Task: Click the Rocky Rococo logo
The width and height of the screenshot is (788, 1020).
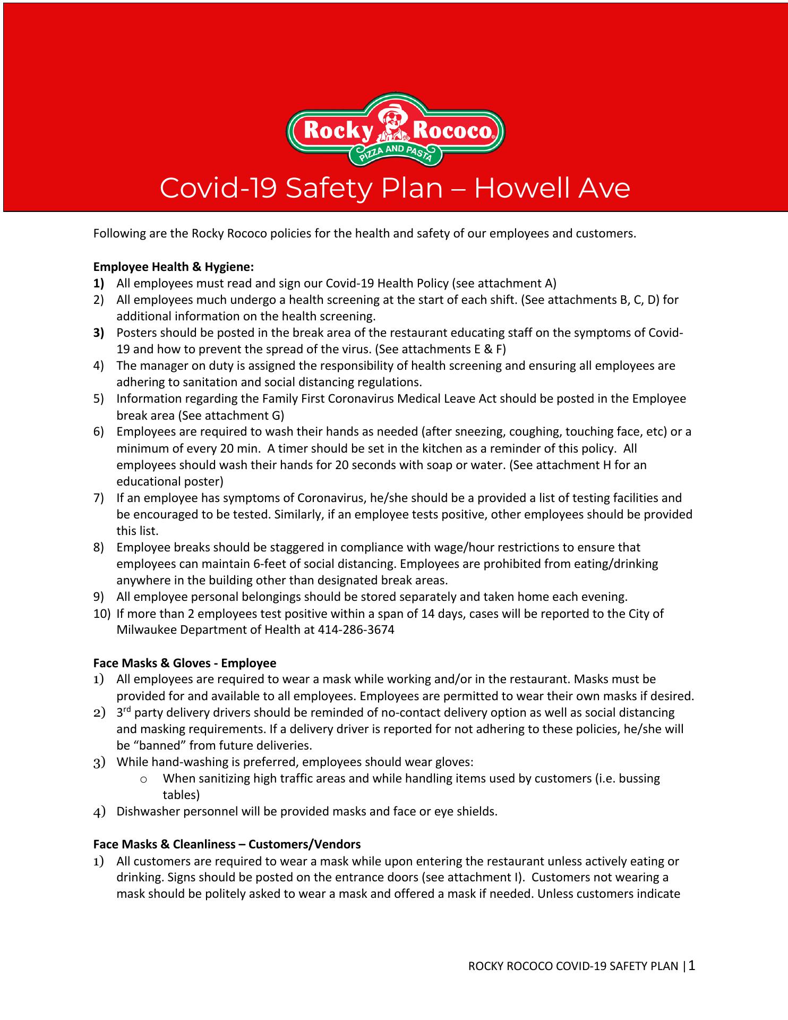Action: click(x=395, y=130)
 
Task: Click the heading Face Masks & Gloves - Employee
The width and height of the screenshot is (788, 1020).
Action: click(x=185, y=663)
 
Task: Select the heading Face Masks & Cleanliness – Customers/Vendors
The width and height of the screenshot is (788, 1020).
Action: click(x=227, y=844)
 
